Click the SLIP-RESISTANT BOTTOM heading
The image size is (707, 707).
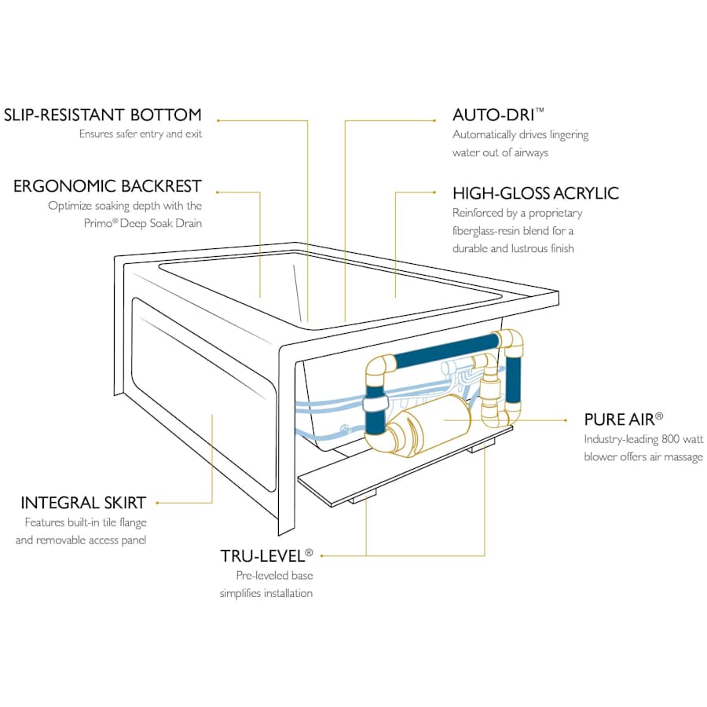point(102,115)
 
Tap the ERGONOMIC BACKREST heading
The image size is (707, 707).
point(108,186)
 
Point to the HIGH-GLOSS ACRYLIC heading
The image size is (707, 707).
point(536,193)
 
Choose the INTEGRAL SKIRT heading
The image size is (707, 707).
point(83,503)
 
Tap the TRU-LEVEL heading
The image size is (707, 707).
point(262,556)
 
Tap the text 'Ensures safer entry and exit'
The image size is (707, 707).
point(140,134)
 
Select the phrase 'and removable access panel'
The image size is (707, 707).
point(81,540)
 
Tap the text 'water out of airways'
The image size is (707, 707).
point(500,152)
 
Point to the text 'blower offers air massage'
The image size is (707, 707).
point(643,457)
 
